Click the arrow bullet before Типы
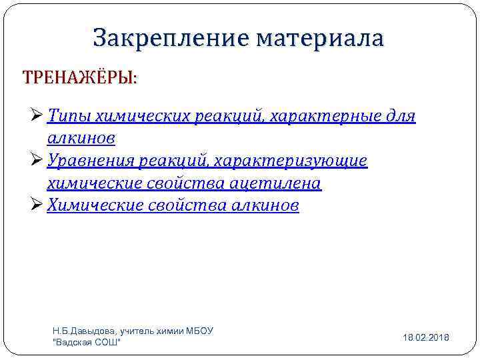click(x=38, y=117)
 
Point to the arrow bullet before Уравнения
click(x=38, y=161)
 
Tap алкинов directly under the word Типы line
click(x=81, y=139)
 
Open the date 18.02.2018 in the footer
click(x=425, y=338)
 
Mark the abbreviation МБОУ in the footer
click(x=199, y=331)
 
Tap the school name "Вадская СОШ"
click(x=87, y=343)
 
